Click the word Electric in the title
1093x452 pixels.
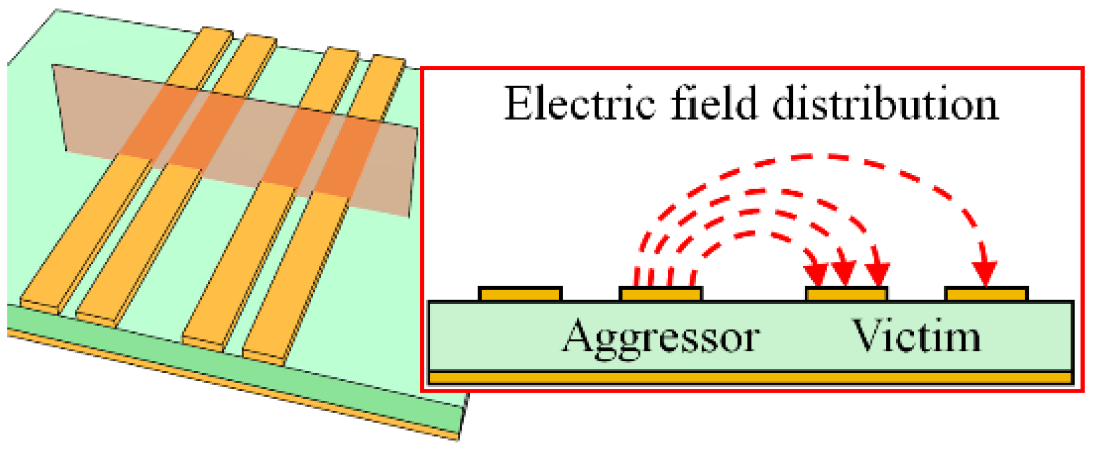(579, 104)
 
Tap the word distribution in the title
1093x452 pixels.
(885, 104)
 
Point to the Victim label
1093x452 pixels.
(916, 337)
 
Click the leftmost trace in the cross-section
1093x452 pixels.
(520, 294)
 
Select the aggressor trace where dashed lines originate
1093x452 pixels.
(660, 294)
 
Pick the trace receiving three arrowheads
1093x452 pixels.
(846, 294)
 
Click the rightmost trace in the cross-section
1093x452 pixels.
(986, 294)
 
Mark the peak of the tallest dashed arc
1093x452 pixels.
(809, 156)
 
